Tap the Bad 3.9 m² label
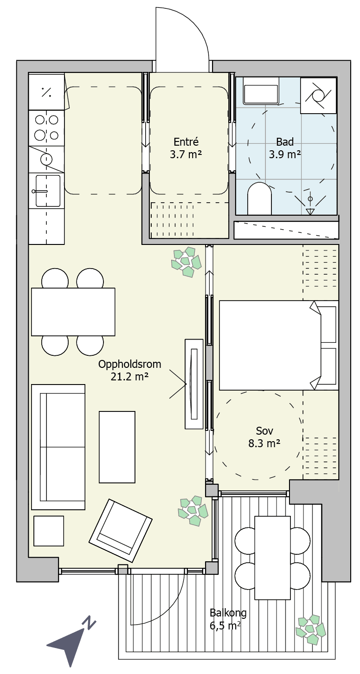[x=285, y=148]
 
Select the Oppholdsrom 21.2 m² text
[x=130, y=370]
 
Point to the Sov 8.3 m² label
[x=264, y=436]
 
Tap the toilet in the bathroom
[x=259, y=198]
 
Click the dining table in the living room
[x=73, y=312]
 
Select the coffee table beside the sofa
[x=117, y=447]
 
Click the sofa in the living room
[x=58, y=447]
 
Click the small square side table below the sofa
[x=49, y=531]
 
